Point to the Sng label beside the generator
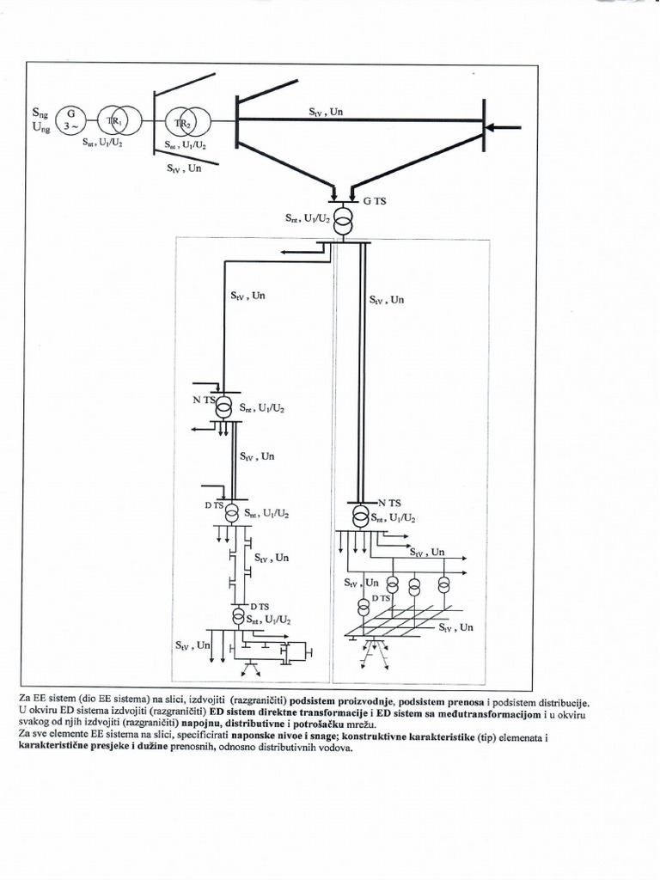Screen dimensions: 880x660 40,113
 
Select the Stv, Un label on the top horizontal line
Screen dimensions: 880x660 327,111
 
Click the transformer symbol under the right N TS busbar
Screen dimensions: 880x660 362,516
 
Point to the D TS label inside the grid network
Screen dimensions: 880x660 381,597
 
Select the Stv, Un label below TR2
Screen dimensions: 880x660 185,169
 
